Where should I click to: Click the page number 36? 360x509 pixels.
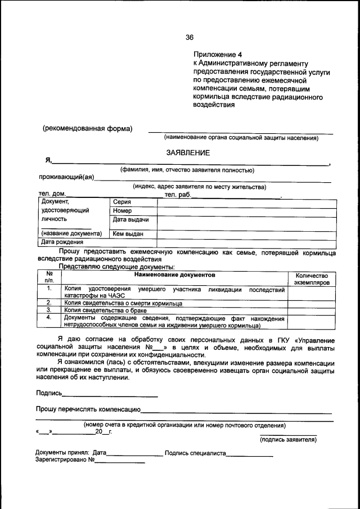point(190,38)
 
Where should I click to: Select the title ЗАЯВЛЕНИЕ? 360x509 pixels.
point(188,152)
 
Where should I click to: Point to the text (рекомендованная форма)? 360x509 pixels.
point(88,128)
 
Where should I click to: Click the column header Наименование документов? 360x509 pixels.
point(174,275)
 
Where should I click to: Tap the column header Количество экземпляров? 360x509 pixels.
point(311,279)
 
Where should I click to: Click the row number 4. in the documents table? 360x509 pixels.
point(49,317)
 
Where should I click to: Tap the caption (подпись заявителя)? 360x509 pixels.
point(288,440)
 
